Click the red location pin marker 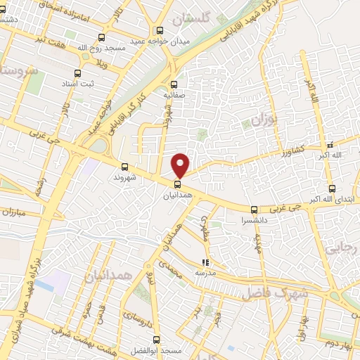point(181,165)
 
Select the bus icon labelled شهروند point(124,167)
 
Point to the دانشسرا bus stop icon point(254,210)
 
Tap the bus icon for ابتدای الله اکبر point(332,188)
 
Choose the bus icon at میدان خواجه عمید point(160,30)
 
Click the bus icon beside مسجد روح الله point(102,38)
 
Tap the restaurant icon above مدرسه point(205,262)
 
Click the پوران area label point(265,121)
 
